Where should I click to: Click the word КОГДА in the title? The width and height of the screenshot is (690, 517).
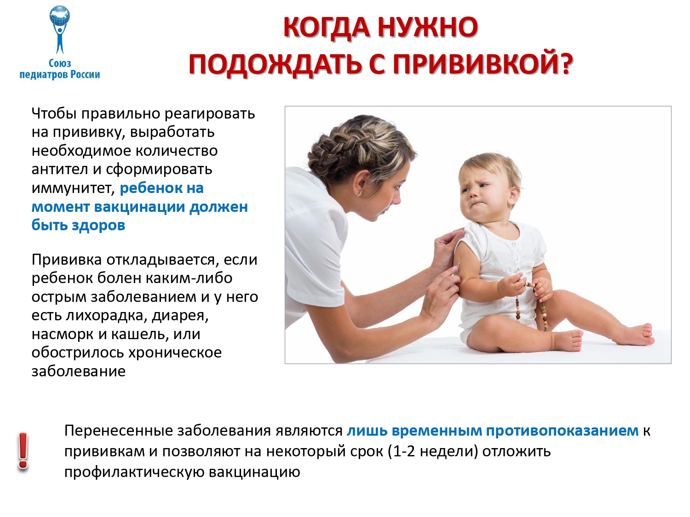click(326, 27)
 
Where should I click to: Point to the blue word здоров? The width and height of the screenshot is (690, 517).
click(98, 225)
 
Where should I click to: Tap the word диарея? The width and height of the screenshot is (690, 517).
click(180, 316)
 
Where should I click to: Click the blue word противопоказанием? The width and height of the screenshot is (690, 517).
click(563, 431)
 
